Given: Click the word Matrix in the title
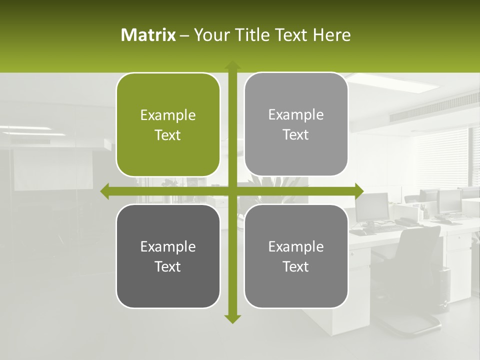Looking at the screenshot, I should pos(148,35).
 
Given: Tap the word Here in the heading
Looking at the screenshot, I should pos(332,35).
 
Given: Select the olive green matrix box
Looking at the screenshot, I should pos(168,125).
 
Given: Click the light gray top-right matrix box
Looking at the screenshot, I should pos(296,124).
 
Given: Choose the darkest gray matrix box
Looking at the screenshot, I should pos(168,256).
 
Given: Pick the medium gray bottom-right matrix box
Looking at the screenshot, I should pos(296,256).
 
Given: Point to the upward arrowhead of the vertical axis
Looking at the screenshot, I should pos(232,65).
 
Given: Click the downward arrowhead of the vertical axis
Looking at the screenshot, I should pos(232,318).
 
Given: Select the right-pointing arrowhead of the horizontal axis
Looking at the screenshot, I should pos(359,191).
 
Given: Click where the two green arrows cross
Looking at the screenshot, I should pos(232,191).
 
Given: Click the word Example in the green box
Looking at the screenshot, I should pos(168,115).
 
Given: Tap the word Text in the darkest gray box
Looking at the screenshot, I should pos(168,266).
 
